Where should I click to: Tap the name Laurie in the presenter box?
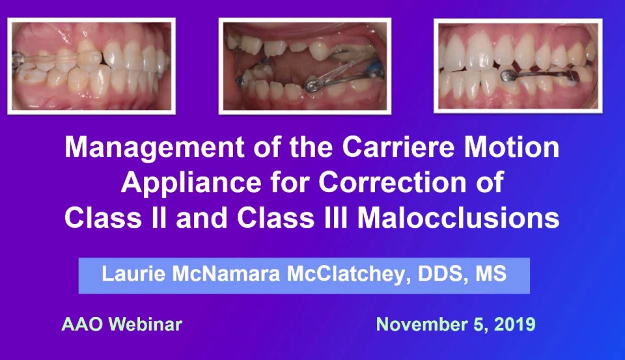pos(130,274)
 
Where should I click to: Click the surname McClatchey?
pos(351,274)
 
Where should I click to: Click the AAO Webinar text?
pos(122,324)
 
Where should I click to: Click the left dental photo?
pos(91,66)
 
